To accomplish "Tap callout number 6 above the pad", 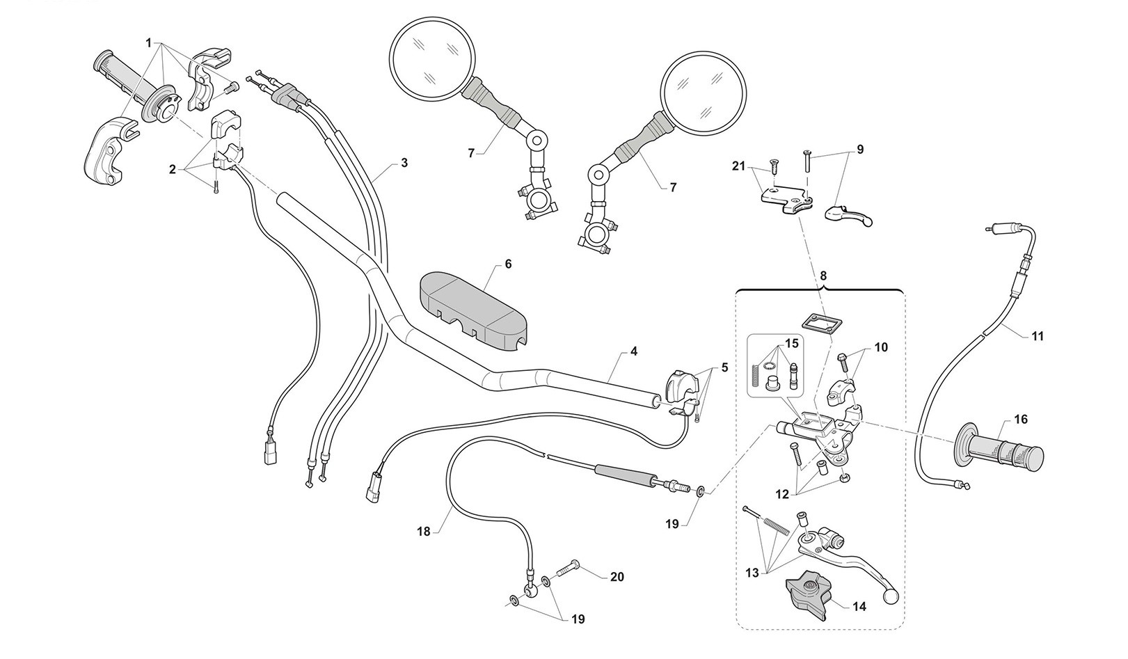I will click(507, 264).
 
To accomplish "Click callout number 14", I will click(859, 607).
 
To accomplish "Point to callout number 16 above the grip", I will click(1021, 420).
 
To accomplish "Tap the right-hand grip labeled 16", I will click(1002, 451).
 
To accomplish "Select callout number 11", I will click(1037, 336).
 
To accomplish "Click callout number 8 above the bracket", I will click(823, 276).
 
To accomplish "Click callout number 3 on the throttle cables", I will click(404, 163).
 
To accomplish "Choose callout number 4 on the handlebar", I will click(633, 352).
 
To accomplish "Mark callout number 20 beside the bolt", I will click(617, 577).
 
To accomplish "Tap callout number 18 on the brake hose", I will click(424, 531).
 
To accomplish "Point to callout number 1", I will click(149, 43).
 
